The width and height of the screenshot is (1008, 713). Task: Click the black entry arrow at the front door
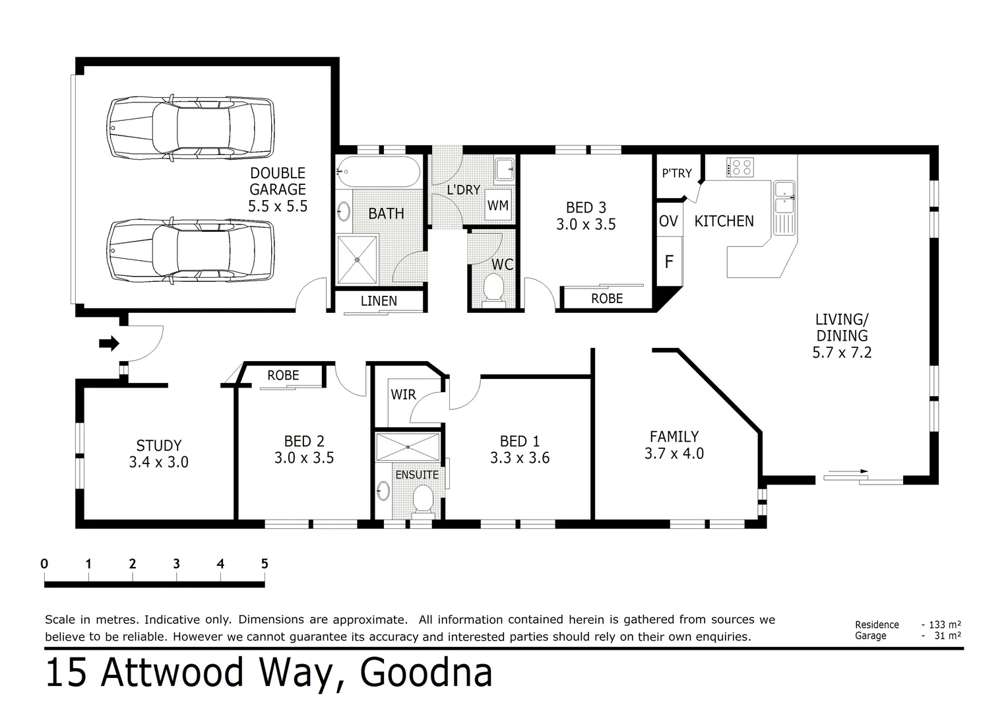[x=109, y=343]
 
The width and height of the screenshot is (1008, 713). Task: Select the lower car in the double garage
[x=191, y=252]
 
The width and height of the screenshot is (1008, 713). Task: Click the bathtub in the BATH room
[x=377, y=172]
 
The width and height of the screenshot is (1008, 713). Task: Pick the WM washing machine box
[x=498, y=205]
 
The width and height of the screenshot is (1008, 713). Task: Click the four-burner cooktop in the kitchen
[x=740, y=167]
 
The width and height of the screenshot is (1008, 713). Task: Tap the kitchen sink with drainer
[x=784, y=206]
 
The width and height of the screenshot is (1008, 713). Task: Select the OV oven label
[x=668, y=221]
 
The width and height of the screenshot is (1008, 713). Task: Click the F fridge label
[x=669, y=262]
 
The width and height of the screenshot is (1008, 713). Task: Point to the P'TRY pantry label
[x=677, y=173]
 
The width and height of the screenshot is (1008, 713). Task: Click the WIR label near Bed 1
[x=403, y=395]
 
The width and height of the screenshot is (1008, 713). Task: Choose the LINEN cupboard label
[x=379, y=301]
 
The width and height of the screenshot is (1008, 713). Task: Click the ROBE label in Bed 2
[x=283, y=376]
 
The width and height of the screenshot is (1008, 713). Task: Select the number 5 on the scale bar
[x=265, y=564]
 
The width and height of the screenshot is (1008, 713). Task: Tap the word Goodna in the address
[x=426, y=673]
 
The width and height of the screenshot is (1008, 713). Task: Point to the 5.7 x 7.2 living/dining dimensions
[x=842, y=353]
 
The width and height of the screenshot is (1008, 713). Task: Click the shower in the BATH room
[x=358, y=260]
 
